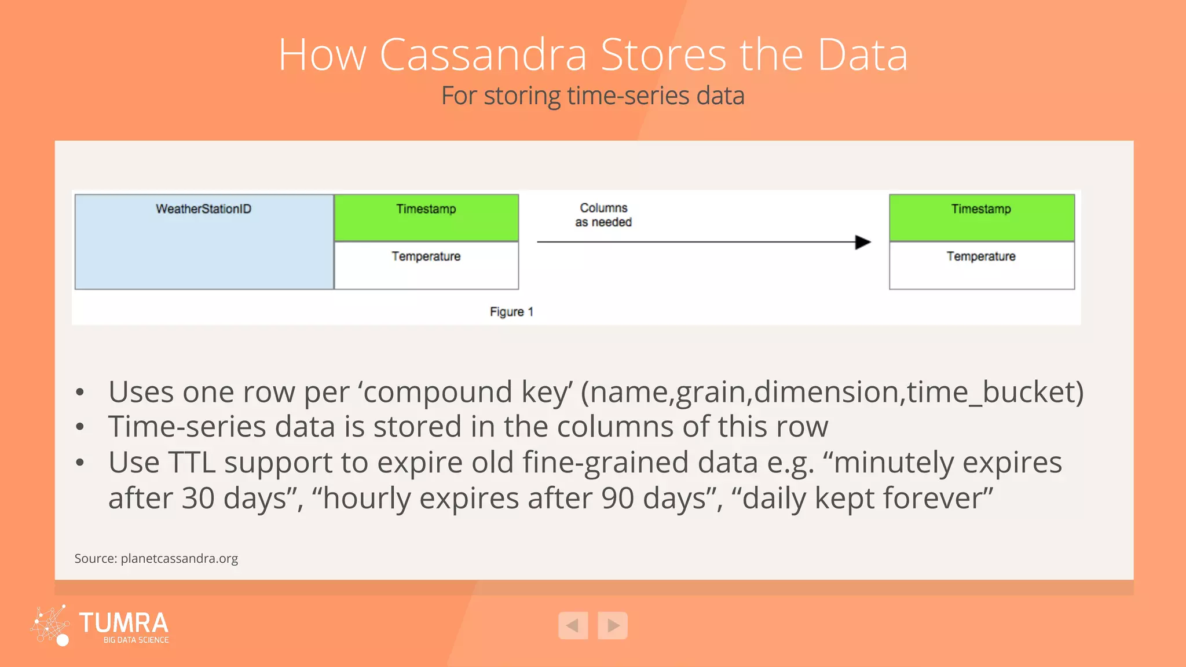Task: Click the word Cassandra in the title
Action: [483, 55]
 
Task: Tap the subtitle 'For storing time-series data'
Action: [592, 96]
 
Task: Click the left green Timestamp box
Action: [426, 218]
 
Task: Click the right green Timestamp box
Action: [982, 218]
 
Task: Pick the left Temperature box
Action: [426, 265]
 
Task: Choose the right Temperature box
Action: [982, 265]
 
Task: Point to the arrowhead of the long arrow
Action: [863, 242]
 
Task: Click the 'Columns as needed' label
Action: [603, 215]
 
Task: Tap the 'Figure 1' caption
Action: [511, 312]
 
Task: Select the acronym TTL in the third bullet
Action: [192, 463]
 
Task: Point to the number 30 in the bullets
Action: [198, 499]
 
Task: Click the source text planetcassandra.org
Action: [179, 559]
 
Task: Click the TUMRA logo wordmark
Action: [123, 624]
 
